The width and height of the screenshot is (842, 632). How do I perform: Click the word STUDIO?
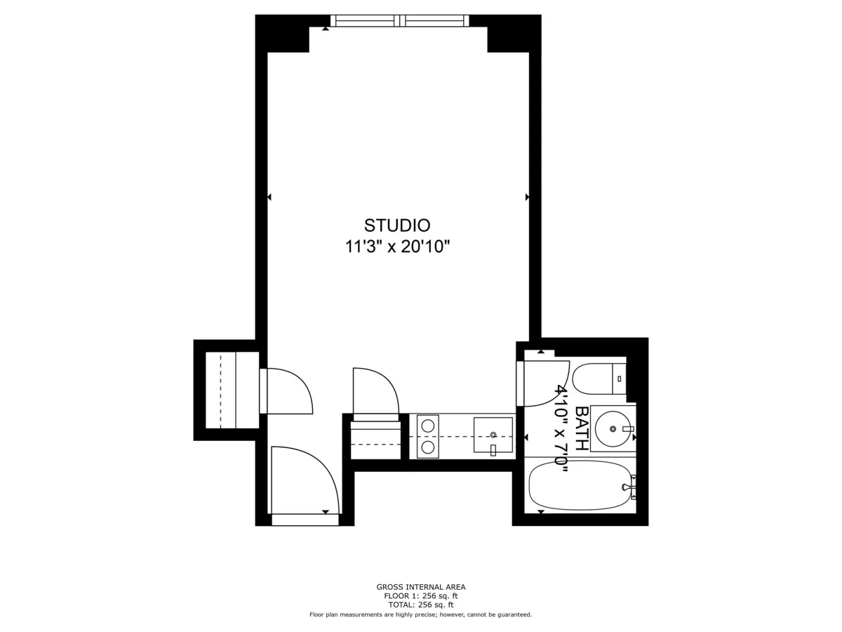(x=396, y=225)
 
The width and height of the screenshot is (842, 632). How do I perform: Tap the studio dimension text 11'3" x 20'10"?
(x=396, y=246)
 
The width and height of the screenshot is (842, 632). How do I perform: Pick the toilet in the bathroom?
(x=596, y=379)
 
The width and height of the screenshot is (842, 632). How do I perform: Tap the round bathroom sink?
(x=613, y=428)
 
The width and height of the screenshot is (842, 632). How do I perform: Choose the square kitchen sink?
(x=493, y=435)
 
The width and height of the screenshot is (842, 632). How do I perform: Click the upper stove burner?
(x=427, y=424)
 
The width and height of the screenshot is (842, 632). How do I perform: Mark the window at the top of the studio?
(x=399, y=21)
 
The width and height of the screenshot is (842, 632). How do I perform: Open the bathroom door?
(x=544, y=383)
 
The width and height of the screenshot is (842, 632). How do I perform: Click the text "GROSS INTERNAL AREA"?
(x=421, y=587)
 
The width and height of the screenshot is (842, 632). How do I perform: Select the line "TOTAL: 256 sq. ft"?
(x=421, y=605)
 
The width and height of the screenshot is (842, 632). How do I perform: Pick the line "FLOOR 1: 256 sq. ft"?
(x=421, y=596)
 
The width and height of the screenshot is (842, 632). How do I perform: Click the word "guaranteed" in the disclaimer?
(x=513, y=614)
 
